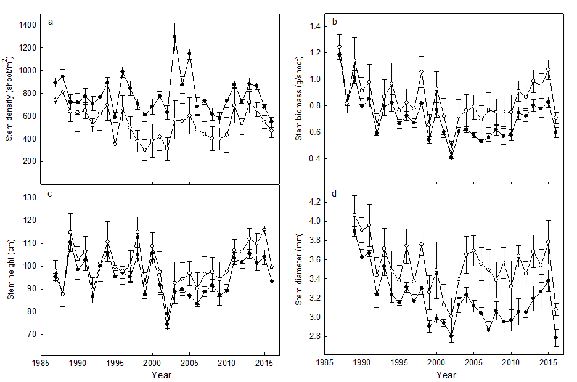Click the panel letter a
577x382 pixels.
click(51, 23)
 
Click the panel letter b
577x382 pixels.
click(335, 22)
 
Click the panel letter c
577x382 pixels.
click(49, 195)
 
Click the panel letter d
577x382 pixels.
click(334, 195)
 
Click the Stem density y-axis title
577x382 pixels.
click(10, 99)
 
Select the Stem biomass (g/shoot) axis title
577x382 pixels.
click(298, 99)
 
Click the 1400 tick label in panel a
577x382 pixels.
click(27, 25)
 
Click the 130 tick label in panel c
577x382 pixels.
click(30, 198)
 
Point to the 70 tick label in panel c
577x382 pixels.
click(31, 335)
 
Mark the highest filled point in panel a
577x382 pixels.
click(174, 37)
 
